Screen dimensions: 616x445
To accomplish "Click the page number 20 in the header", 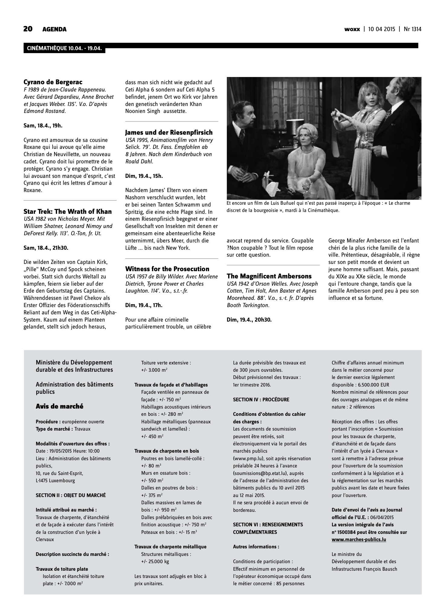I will click(28, 29).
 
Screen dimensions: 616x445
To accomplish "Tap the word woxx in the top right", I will click(352, 29).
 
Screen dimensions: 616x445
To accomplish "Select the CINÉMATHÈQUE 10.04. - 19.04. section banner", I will click(64, 49).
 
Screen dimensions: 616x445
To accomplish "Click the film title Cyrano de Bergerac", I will click(53, 82).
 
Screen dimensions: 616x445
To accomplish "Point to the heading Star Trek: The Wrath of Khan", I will click(68, 211).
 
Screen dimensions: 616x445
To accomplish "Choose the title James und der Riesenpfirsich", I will click(169, 132).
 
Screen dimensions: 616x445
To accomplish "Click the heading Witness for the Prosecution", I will click(167, 269).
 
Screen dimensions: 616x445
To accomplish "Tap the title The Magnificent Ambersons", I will click(269, 276).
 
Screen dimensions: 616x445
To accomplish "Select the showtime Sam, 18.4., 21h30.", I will click(46, 248).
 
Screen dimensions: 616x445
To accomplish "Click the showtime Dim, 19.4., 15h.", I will click(144, 176).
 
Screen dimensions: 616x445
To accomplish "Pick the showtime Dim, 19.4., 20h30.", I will click(249, 319).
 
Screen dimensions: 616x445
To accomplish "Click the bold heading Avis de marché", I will click(60, 406).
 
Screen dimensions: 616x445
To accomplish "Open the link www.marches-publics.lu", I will click(359, 539).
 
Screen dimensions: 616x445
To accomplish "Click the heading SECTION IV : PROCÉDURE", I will click(261, 399).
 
